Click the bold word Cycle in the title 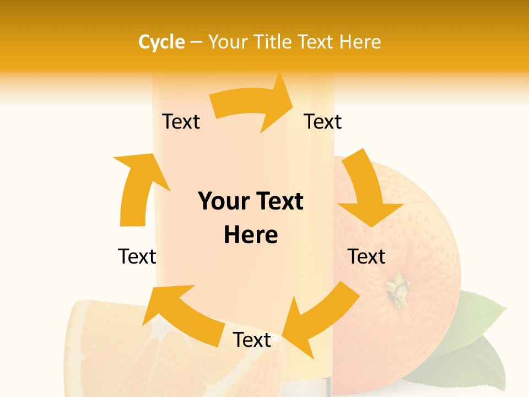click(161, 42)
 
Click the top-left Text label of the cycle click(181, 121)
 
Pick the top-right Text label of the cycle click(323, 121)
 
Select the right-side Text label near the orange click(366, 256)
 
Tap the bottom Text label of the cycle click(252, 340)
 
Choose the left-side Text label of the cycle click(137, 256)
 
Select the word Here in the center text click(251, 235)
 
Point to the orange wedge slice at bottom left click(110, 347)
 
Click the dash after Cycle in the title click(196, 42)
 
